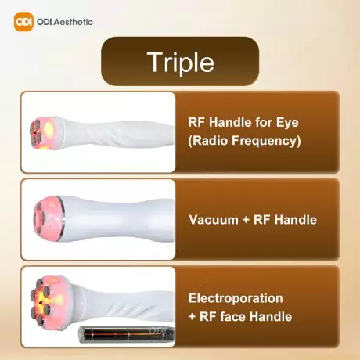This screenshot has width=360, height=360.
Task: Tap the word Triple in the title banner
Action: [x=179, y=62]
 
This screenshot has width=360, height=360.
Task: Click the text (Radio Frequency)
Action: [x=245, y=142]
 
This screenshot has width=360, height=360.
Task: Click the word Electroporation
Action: [x=236, y=298]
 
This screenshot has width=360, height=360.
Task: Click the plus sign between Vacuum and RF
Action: [x=247, y=220]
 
